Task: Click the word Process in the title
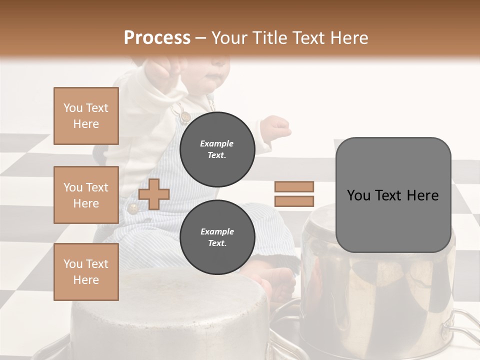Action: click(157, 38)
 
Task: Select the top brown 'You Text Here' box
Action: click(86, 116)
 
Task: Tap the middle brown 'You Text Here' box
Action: click(86, 195)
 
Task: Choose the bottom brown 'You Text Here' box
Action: click(86, 272)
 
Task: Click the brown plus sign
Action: click(154, 194)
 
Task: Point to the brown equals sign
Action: click(294, 194)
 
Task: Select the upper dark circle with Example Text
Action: click(217, 149)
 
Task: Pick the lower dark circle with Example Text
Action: click(217, 237)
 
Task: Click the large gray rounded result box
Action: click(393, 195)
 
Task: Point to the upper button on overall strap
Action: click(185, 116)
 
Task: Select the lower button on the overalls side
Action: click(133, 207)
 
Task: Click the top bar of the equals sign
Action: click(294, 186)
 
